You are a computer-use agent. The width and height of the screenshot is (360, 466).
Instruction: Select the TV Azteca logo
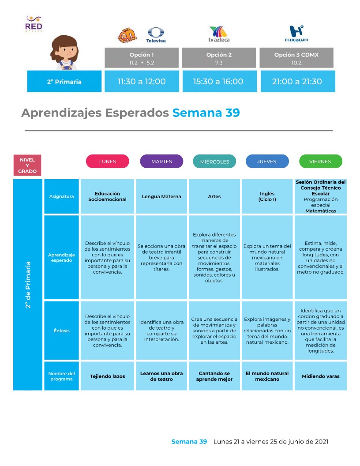(219, 34)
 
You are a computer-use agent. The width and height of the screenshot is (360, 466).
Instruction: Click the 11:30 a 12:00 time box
(142, 81)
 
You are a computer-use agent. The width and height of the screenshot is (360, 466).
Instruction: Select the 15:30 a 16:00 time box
(218, 81)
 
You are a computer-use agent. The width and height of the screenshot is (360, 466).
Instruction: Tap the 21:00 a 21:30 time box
(297, 81)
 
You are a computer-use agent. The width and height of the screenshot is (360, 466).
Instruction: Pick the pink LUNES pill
(107, 162)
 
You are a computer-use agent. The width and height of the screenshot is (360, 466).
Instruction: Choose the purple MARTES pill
(161, 162)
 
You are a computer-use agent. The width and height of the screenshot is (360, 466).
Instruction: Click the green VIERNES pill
(320, 162)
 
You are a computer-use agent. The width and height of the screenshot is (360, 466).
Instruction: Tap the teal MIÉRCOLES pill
(214, 162)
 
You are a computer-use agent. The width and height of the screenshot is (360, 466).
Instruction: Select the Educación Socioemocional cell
(107, 196)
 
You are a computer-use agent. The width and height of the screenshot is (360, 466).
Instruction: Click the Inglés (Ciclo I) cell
(267, 196)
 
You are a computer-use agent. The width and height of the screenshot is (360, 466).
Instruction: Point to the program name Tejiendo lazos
(107, 376)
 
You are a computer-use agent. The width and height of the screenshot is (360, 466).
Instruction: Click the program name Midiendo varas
(320, 376)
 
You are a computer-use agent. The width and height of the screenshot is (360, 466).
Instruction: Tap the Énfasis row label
(61, 331)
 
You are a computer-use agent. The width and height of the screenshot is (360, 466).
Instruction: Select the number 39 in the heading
(232, 113)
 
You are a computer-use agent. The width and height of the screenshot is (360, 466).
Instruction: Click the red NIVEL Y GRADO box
(27, 165)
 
